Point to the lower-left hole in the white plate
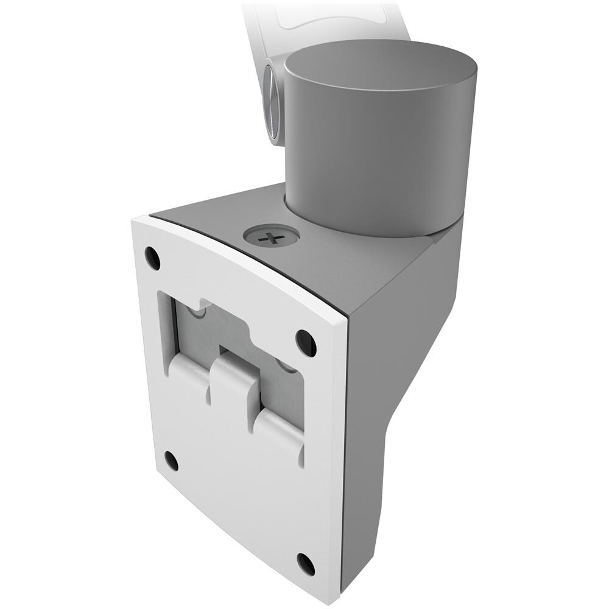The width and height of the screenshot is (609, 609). pos(171,461)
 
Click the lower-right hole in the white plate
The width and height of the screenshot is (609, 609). pos(306,564)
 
